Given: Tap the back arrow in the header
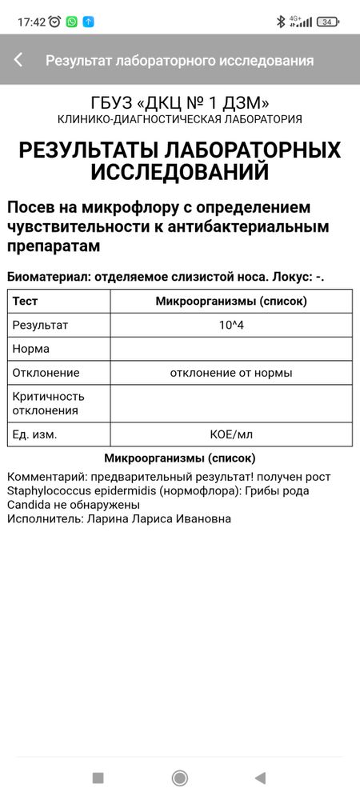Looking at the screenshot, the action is point(18,60).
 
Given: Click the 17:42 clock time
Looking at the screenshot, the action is point(31,22).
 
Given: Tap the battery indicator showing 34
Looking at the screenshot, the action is point(328,22).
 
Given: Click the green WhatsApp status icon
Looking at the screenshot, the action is point(72,22).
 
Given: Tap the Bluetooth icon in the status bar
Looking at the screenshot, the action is point(280,22).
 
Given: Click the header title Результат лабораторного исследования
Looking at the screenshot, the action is point(179,60).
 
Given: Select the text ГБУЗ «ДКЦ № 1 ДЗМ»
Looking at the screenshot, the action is point(179,102).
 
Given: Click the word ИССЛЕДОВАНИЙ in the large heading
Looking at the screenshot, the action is point(179,172).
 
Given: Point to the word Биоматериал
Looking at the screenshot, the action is point(47,277).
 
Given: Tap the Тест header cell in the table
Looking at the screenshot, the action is point(25,302).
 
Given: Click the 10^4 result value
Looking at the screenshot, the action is point(231,326).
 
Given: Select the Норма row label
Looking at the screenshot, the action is point(31,349).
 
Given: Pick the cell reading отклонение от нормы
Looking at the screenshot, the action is point(231,373).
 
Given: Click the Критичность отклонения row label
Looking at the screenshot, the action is point(48,403).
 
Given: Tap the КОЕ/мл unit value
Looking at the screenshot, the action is point(231,434).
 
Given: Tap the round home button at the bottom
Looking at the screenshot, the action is point(180,778).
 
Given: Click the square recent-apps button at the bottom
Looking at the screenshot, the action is point(98,778).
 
